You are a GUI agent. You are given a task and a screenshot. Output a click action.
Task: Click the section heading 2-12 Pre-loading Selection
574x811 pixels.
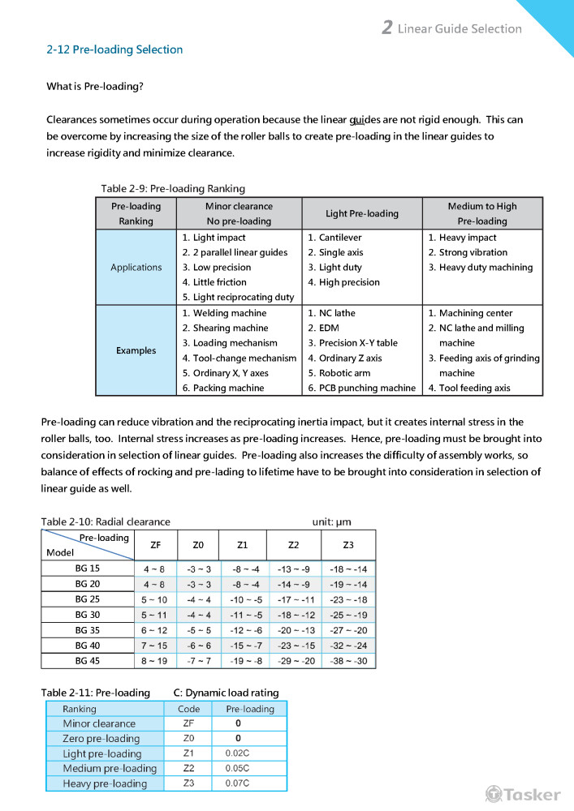point(114,49)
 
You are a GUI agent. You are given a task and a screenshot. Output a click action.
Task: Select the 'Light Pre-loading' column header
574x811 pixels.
point(362,214)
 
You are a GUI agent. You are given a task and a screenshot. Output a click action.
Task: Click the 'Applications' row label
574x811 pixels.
point(136,268)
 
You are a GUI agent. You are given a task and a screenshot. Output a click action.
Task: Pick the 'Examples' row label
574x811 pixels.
point(136,350)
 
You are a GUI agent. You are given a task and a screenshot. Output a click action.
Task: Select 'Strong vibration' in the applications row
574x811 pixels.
point(473,253)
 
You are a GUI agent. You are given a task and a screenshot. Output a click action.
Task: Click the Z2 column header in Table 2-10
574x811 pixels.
point(294,545)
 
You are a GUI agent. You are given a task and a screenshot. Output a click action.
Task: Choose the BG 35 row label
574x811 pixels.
point(88,630)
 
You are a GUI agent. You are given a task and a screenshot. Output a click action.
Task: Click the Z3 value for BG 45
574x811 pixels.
point(349,661)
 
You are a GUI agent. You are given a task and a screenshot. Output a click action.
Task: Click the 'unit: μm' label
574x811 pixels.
point(332,521)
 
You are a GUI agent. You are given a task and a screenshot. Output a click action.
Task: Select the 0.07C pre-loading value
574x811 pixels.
point(236,783)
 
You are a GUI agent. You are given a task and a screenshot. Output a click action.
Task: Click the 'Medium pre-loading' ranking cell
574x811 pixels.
point(110,769)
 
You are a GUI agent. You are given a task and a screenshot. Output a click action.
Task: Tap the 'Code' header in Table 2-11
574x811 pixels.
point(188,709)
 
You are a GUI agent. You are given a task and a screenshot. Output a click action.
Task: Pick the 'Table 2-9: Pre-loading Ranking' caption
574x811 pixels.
point(173,188)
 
